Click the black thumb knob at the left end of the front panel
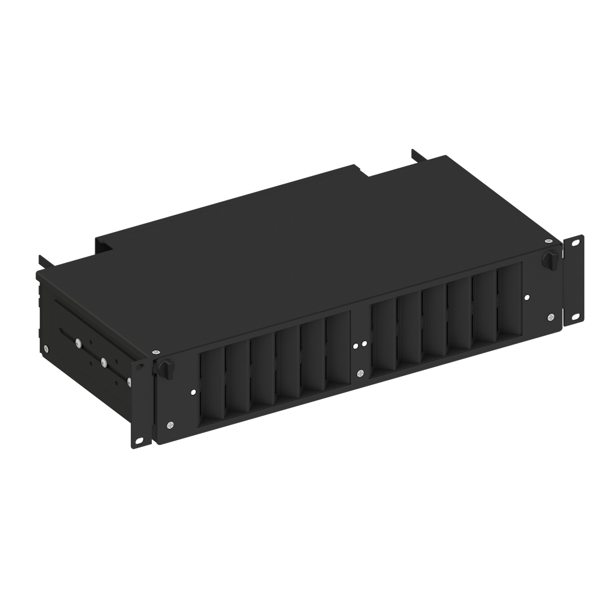click(166, 368)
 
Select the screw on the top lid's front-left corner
click(156, 352)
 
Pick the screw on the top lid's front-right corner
click(549, 241)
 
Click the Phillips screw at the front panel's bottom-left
click(171, 424)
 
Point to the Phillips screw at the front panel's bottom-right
click(551, 316)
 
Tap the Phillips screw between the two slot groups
click(360, 373)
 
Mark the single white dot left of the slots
click(193, 392)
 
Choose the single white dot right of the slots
click(527, 296)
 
